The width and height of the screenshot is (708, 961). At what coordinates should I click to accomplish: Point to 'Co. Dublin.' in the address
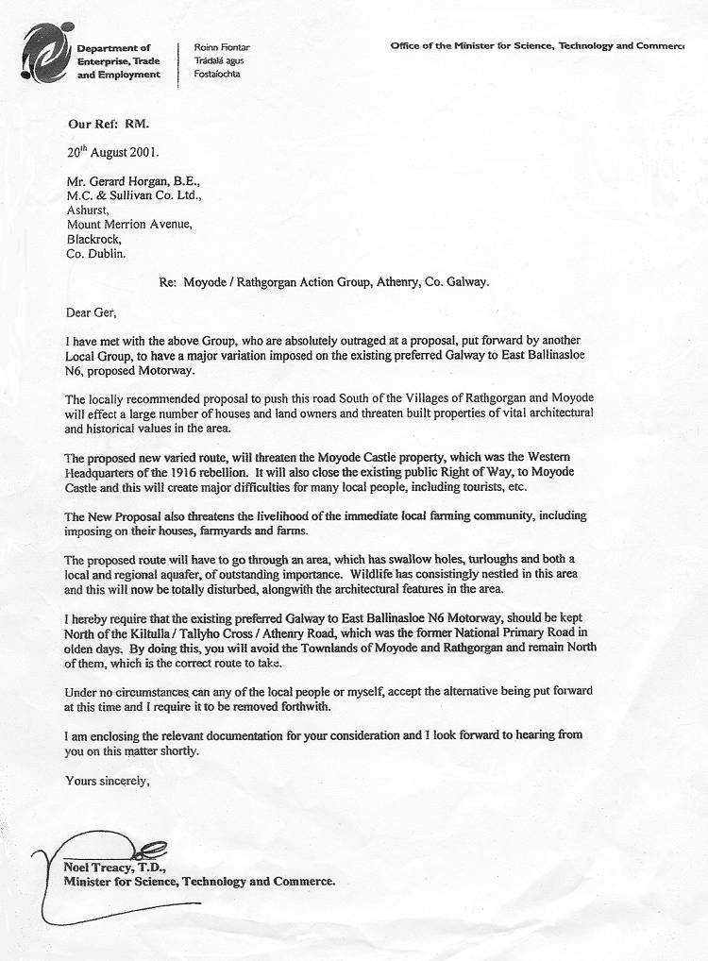point(94,253)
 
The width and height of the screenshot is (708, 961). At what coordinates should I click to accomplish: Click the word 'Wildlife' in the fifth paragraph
point(373,574)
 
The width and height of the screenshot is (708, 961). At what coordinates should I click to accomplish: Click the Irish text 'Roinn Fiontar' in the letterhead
point(222,47)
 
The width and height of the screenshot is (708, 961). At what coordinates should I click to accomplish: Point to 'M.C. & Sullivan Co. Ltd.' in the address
point(133,196)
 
